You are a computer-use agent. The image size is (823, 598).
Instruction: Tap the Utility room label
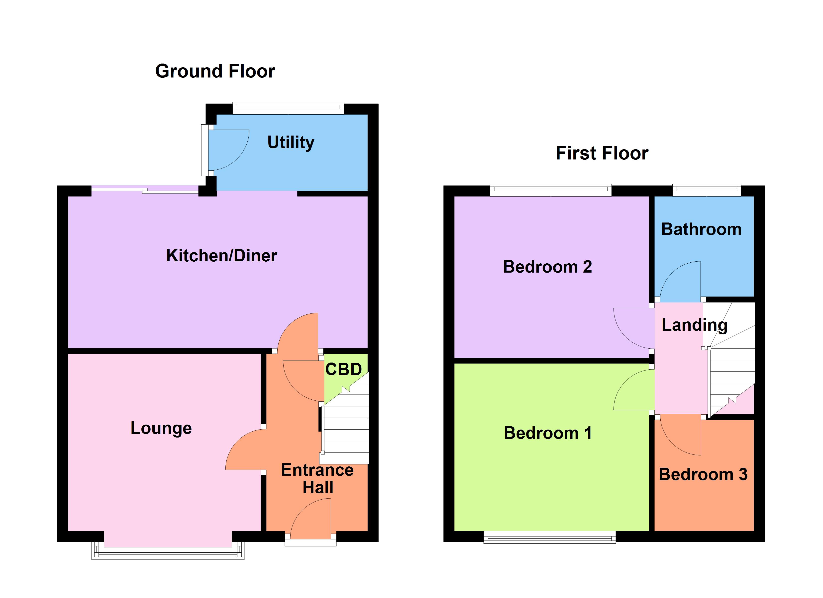(291, 142)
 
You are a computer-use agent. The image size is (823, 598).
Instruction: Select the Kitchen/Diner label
(221, 256)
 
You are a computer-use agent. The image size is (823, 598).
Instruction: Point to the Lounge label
(161, 428)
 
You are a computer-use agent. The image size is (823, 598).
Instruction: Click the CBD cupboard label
(343, 370)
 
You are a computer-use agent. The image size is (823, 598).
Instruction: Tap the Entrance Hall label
(317, 479)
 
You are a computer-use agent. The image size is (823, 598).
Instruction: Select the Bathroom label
(701, 229)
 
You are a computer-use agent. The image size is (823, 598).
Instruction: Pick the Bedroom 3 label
(703, 474)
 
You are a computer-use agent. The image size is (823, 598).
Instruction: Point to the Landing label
(694, 325)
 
